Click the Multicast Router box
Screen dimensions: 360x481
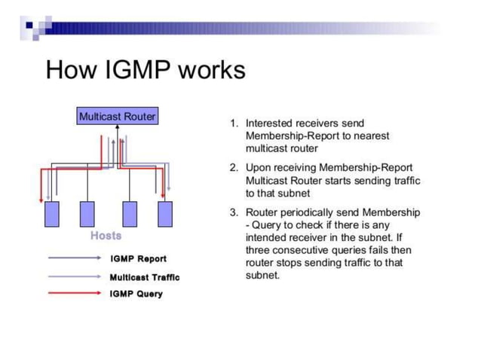pos(117,117)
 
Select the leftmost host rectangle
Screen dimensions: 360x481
pos(52,214)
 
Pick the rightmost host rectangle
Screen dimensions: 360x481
pos(165,214)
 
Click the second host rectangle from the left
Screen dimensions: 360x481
pos(89,214)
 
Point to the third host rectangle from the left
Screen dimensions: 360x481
pos(130,214)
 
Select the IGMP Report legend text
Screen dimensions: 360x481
pos(138,259)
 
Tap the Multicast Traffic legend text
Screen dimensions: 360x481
pos(144,276)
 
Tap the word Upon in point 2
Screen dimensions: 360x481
pos(258,167)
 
